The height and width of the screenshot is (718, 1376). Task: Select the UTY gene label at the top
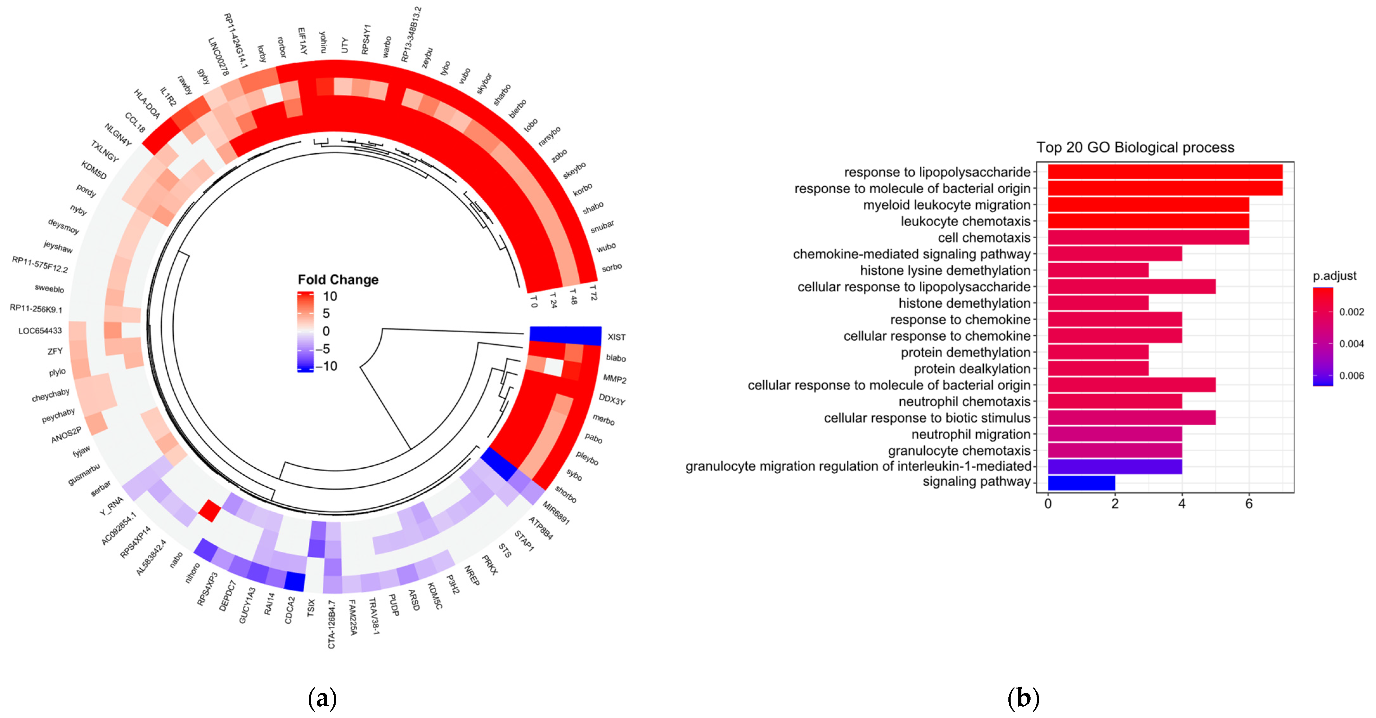coord(344,45)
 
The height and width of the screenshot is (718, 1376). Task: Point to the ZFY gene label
coord(55,351)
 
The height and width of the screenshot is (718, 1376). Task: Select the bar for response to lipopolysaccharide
coord(1165,172)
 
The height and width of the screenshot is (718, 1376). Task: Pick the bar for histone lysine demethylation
coord(1098,270)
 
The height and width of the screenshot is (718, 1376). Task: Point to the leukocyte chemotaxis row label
coord(965,221)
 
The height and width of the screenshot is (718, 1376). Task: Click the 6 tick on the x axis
coord(1249,503)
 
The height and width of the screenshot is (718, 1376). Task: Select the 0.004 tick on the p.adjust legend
coord(1351,343)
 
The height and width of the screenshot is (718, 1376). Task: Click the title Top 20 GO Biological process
coord(1135,147)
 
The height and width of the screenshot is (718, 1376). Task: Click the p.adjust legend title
coord(1334,276)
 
